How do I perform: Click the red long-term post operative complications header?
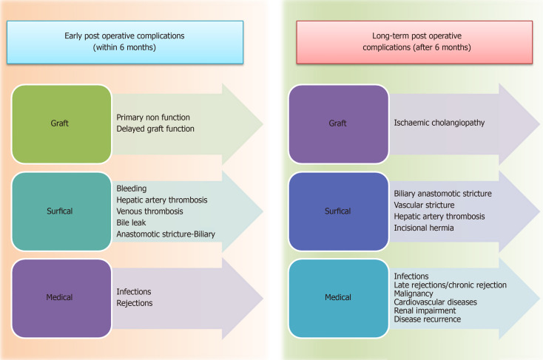click(414, 41)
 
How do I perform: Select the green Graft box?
click(60, 123)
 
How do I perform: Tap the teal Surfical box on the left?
click(60, 211)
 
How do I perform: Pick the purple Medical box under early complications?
click(60, 298)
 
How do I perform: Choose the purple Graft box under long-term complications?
click(337, 123)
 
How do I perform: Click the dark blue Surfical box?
click(337, 211)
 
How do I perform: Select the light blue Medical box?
click(337, 298)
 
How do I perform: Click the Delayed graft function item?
click(155, 129)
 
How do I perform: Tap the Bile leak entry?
click(134, 223)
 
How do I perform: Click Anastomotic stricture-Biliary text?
click(165, 234)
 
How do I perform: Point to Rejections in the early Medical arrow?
click(135, 303)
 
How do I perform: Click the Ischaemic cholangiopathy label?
click(439, 123)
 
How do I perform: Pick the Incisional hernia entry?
click(425, 228)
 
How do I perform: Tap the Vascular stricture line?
click(425, 205)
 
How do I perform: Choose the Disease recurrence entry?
click(428, 319)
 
